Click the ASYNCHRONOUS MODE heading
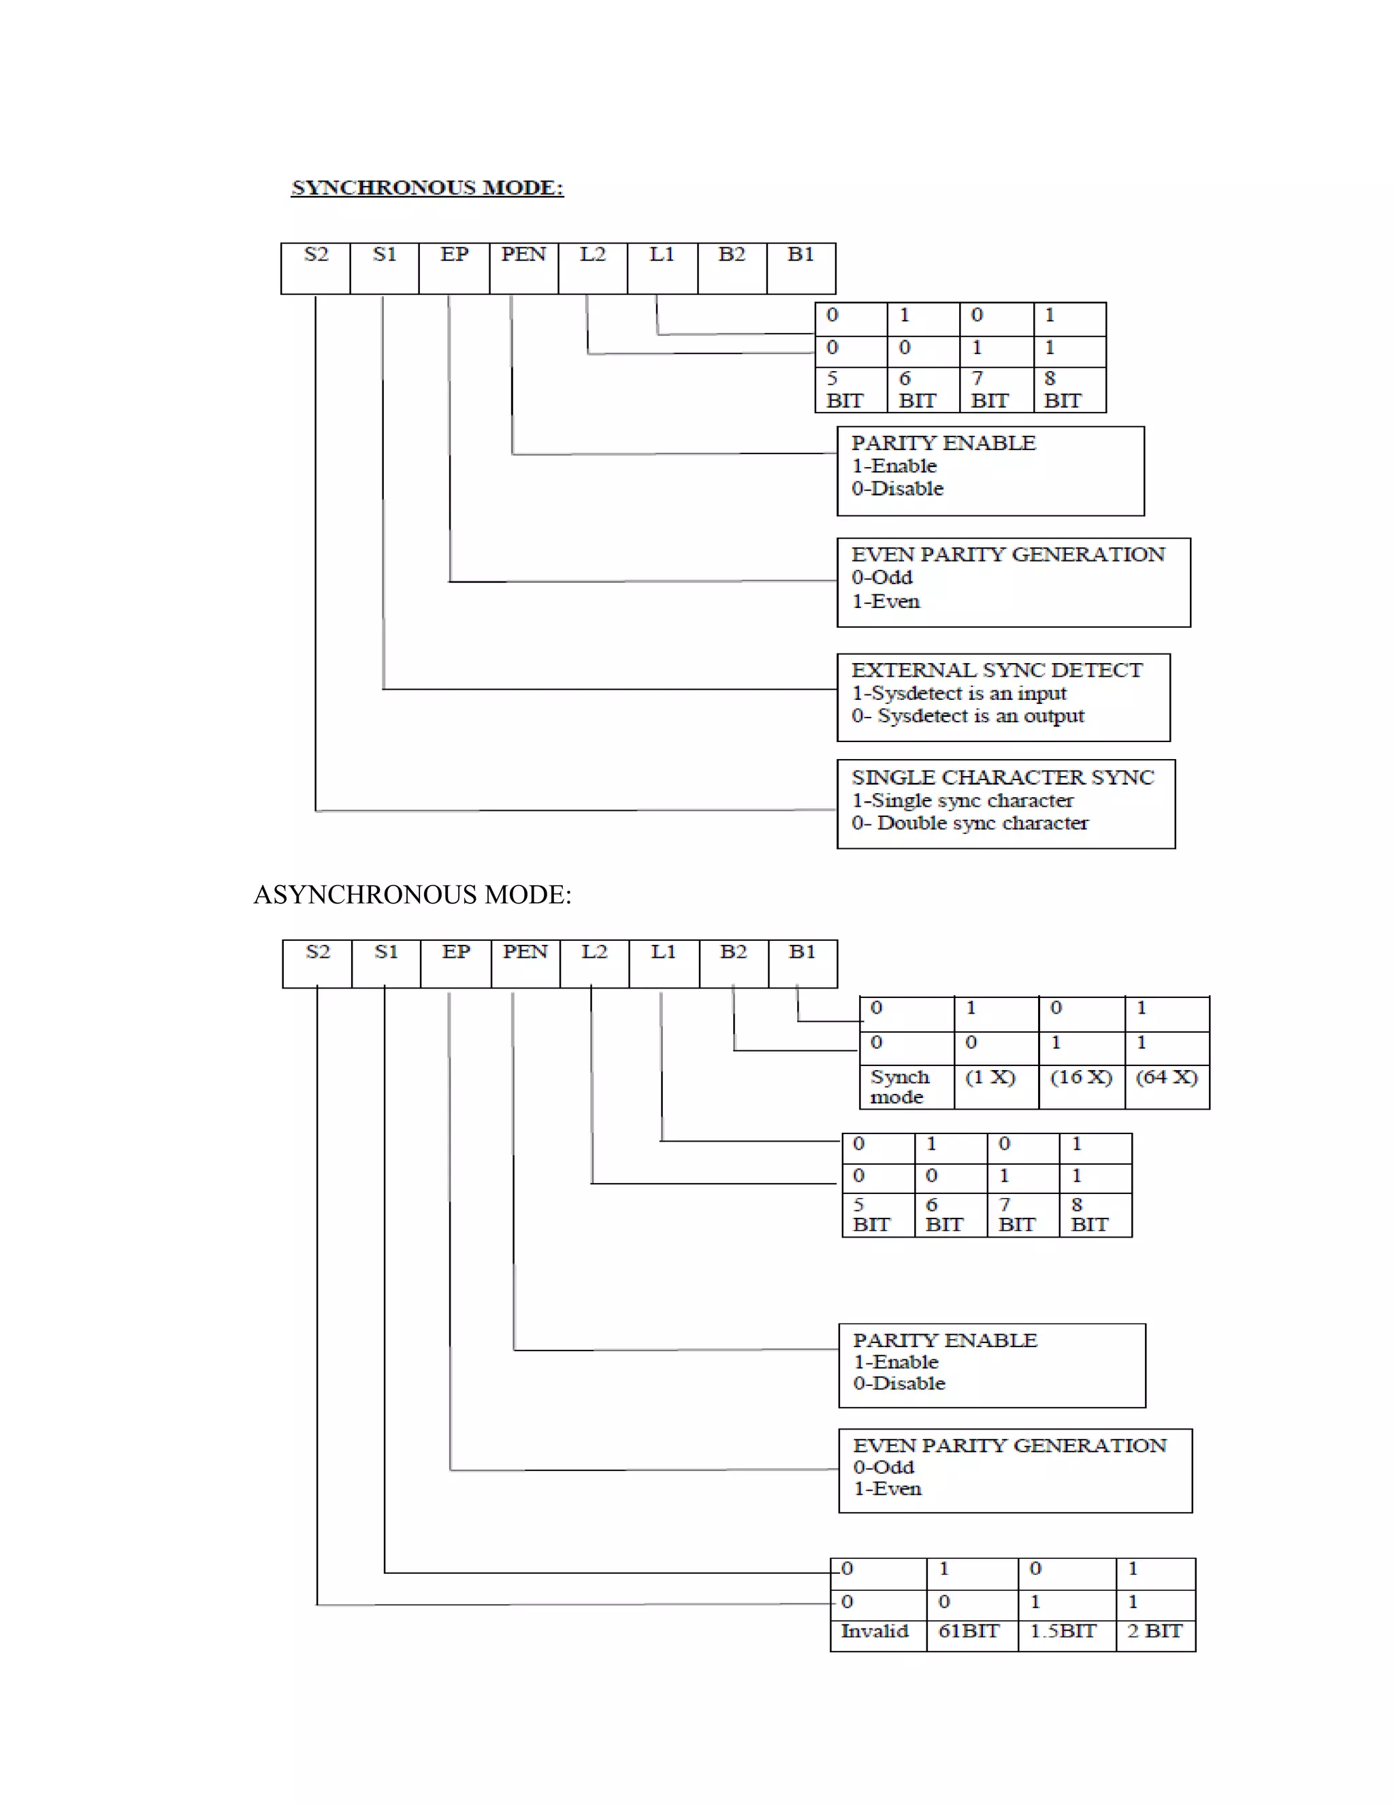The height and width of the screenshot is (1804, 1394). pyautogui.click(x=412, y=895)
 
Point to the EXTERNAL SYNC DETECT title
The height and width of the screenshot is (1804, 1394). pyautogui.click(x=996, y=670)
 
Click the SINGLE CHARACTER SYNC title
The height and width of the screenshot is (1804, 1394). pyautogui.click(x=1003, y=777)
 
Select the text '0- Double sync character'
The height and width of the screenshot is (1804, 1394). pyautogui.click(x=969, y=824)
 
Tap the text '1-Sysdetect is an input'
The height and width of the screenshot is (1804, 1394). pyautogui.click(x=959, y=693)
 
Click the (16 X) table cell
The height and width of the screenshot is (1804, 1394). pyautogui.click(x=1081, y=1078)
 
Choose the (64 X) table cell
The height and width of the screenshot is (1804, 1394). pyautogui.click(x=1166, y=1078)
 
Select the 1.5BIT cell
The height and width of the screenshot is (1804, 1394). pyautogui.click(x=1063, y=1631)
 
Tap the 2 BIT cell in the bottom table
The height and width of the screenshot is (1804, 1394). pyautogui.click(x=1154, y=1631)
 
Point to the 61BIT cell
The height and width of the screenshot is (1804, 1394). pyautogui.click(x=969, y=1631)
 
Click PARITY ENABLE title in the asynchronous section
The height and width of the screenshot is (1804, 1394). pyautogui.click(x=945, y=1340)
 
